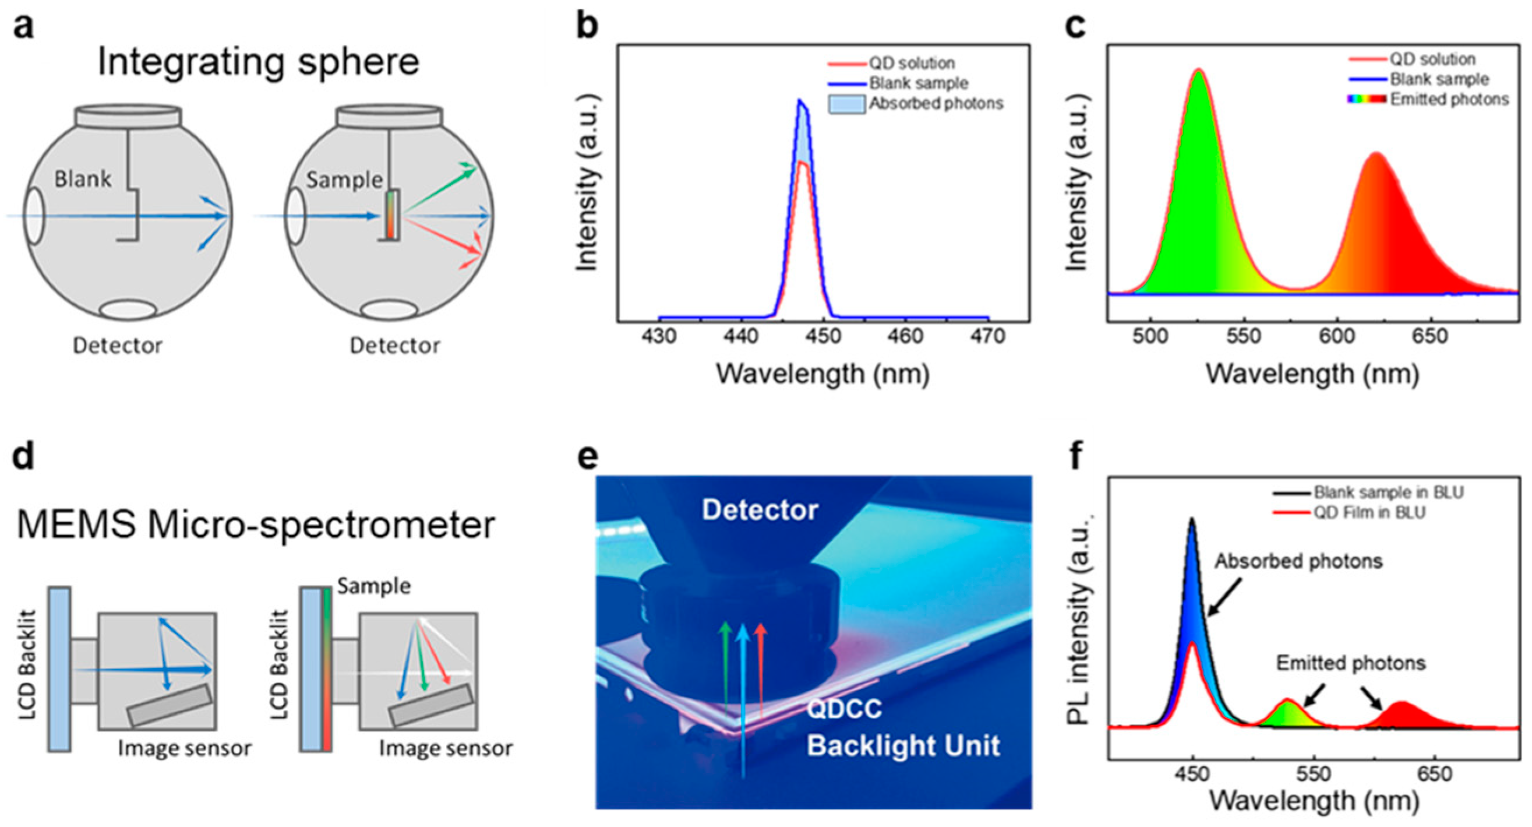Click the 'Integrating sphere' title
pos(258,62)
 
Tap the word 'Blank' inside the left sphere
pos(83,178)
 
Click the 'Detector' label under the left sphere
pos(117,345)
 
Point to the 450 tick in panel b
pos(824,337)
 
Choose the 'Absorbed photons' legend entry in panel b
pos(936,104)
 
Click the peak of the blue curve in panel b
pos(800,101)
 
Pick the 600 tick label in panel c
pos(1337,337)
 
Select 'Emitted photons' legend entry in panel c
pos(1449,99)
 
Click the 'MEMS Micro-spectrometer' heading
pos(256,525)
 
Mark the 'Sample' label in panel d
pos(373,586)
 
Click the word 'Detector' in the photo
pos(760,510)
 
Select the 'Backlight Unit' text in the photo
pos(903,746)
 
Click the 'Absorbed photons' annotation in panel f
pos(1298,561)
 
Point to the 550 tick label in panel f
pos(1313,773)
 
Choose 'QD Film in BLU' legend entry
pos(1369,512)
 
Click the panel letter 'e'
pos(588,457)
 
